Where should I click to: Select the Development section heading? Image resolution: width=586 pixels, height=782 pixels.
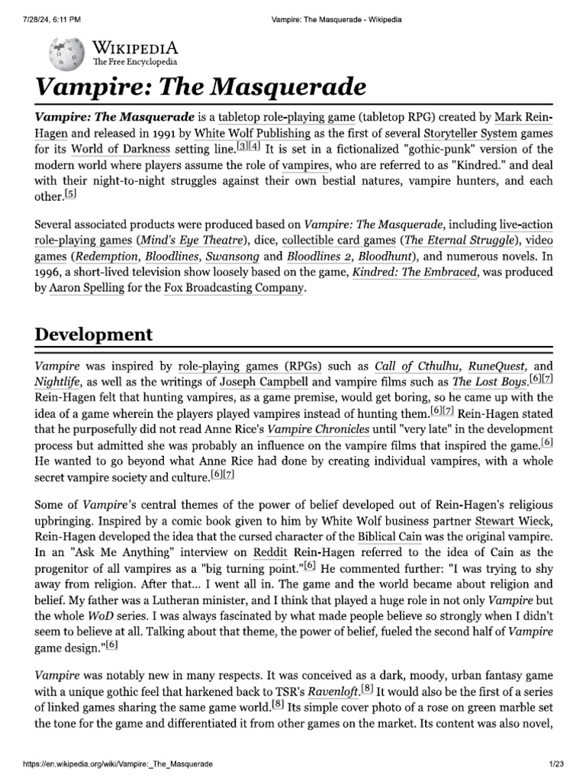click(93, 334)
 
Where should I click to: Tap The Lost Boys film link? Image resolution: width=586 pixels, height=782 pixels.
click(488, 381)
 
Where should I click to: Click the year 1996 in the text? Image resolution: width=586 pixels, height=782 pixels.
click(49, 272)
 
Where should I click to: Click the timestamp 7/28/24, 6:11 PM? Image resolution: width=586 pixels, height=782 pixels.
click(47, 18)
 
